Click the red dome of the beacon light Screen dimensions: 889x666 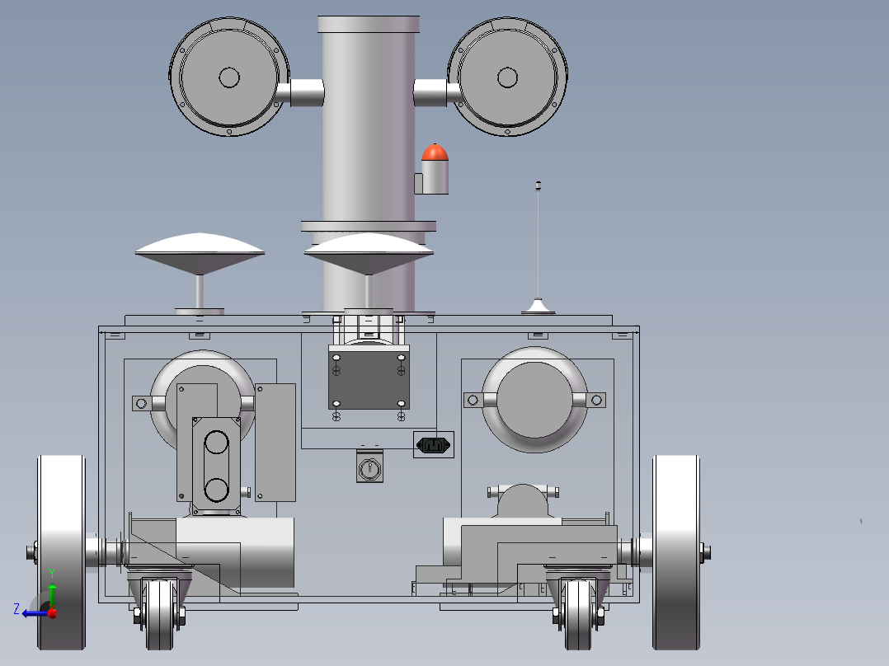tap(435, 153)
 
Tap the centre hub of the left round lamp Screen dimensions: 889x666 tap(229, 77)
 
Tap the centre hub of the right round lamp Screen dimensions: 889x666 tap(507, 77)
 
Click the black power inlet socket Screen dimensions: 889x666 tap(434, 445)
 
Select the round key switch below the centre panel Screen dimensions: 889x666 tap(369, 468)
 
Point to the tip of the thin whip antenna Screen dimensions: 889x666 tap(538, 184)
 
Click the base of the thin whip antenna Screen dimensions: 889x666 tap(538, 307)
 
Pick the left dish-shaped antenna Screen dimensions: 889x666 tap(200, 253)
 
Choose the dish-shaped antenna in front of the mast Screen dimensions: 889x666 tap(369, 253)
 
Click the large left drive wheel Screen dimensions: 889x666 tap(61, 552)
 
